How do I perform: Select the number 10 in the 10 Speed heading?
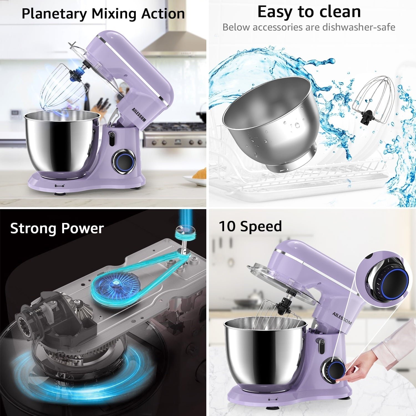click(227, 226)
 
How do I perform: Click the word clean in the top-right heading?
click(340, 12)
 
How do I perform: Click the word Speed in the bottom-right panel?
click(261, 226)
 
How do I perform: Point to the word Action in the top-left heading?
click(163, 14)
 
